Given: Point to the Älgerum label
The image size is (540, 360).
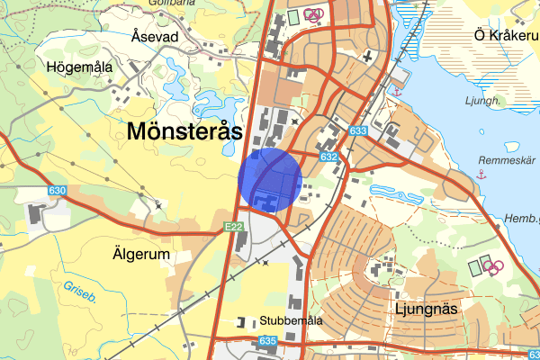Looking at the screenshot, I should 142,255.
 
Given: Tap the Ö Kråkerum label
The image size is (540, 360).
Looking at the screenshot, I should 506,35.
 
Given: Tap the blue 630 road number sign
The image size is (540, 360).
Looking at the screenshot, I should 58,191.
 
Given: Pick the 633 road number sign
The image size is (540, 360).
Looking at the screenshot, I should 358,132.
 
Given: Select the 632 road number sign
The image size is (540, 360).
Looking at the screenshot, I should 328,157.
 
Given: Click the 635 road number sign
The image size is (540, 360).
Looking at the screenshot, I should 267,342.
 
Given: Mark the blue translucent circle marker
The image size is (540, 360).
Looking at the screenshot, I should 270,180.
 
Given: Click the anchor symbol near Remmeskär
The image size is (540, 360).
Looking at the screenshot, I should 482,175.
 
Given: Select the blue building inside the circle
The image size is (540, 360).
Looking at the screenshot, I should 265,199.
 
